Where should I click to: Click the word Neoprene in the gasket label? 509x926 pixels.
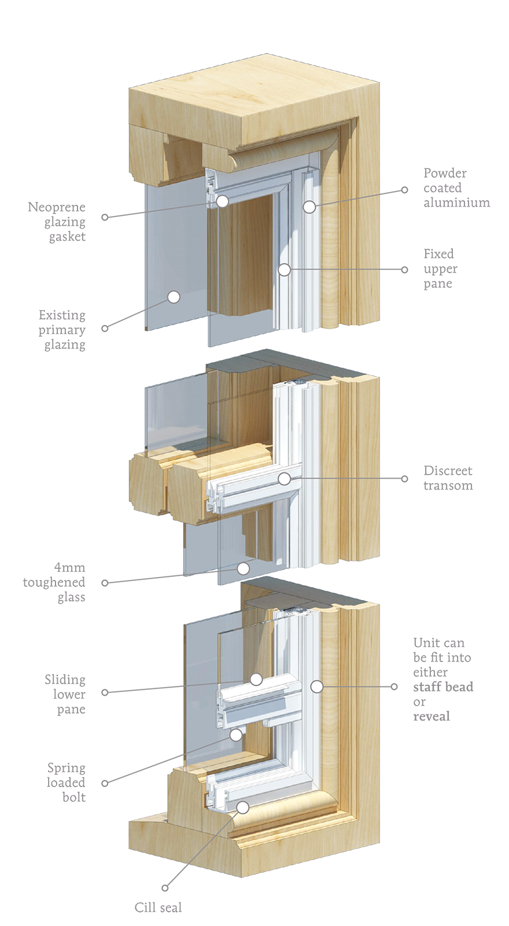coord(57,207)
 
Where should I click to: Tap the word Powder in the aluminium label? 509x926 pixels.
coord(445,173)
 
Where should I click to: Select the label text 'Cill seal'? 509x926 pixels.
coord(158,907)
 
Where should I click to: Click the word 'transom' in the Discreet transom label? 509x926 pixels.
coord(448,486)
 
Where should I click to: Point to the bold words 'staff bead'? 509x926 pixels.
coord(443,686)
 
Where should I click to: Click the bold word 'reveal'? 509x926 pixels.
coord(431,716)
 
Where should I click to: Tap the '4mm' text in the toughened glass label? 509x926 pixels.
coord(69,567)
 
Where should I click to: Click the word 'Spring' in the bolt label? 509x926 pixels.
coord(67,768)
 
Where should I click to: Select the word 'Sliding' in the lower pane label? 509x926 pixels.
coord(65,679)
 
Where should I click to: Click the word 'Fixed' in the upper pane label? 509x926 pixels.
coord(438,253)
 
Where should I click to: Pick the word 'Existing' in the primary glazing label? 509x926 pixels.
coord(62,315)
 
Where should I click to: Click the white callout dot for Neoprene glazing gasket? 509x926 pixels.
coord(222,201)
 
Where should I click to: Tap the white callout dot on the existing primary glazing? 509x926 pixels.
coord(174,297)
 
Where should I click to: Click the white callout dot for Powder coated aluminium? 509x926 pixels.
coord(309,207)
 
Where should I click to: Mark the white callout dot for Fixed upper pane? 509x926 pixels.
coord(284,270)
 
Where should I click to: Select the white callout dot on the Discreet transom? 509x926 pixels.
coord(284,479)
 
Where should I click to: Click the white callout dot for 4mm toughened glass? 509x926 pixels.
coord(244,568)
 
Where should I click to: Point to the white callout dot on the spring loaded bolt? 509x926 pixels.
coord(236,734)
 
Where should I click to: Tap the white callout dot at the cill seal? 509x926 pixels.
coord(243,807)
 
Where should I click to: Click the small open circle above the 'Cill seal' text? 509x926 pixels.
coord(165,888)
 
